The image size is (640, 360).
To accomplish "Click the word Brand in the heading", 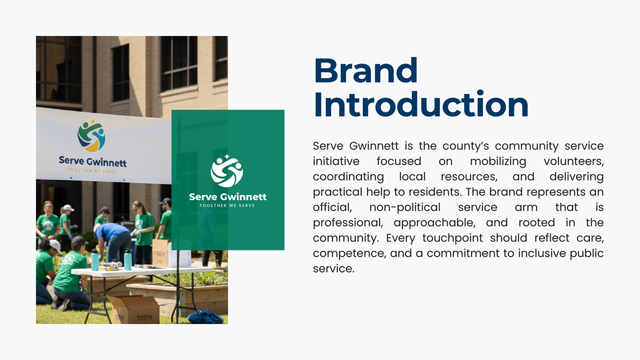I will pos(365,71).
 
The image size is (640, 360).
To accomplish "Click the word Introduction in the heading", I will pos(421,105).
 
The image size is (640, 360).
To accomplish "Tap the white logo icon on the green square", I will pos(227,172).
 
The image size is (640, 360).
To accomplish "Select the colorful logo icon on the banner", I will pos(91,136).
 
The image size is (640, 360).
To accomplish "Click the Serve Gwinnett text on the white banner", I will pos(93,161).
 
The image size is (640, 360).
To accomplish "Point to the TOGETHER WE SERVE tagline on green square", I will pos(227,205).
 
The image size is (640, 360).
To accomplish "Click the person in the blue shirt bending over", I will pos(114,240).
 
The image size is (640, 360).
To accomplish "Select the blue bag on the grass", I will pos(205,316).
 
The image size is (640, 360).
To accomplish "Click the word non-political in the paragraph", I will pos(405,207).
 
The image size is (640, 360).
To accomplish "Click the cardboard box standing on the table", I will pos(161,253).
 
